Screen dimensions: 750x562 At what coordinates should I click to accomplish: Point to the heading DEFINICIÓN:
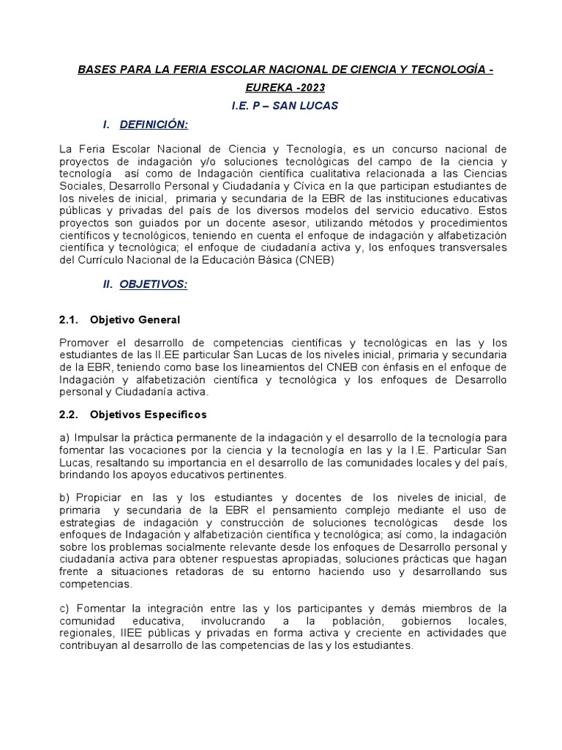(x=154, y=125)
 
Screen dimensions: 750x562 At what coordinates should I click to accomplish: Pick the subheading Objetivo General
(x=135, y=320)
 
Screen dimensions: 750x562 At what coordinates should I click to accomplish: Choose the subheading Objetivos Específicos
(x=148, y=415)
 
